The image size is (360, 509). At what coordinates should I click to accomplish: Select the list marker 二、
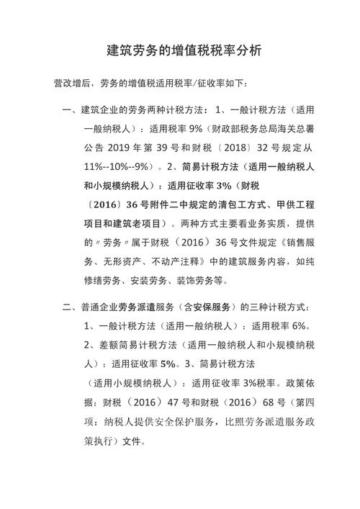(70, 308)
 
